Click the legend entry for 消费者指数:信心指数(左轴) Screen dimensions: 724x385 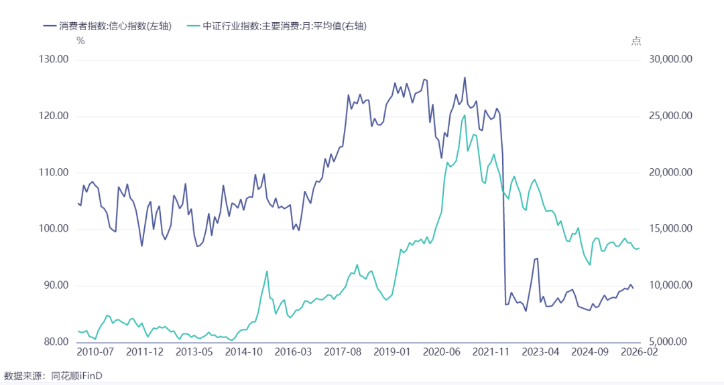[x=107, y=26]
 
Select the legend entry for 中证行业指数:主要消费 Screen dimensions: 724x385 [x=277, y=26]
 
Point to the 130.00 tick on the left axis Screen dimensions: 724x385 [x=54, y=60]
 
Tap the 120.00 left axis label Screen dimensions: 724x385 [x=54, y=116]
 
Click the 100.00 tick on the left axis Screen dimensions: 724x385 [x=54, y=229]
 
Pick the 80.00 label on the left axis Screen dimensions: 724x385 [x=56, y=341]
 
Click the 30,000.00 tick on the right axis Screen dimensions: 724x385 [x=670, y=60]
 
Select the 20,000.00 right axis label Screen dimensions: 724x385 [x=670, y=173]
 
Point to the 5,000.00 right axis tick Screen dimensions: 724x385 [x=673, y=341]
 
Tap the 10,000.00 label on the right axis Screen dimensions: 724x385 [x=670, y=285]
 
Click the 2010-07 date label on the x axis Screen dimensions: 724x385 [x=95, y=352]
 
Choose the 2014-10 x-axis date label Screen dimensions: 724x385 [x=243, y=352]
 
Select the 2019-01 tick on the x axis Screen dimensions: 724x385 [x=391, y=352]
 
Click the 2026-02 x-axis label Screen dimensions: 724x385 [x=640, y=352]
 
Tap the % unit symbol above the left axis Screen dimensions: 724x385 [x=81, y=41]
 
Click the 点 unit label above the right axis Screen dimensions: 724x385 [x=636, y=41]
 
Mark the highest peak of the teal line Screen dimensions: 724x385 [x=464, y=115]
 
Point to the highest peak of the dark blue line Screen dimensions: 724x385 [x=465, y=78]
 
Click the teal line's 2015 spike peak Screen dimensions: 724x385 [x=267, y=271]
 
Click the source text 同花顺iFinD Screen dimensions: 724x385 [x=76, y=376]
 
